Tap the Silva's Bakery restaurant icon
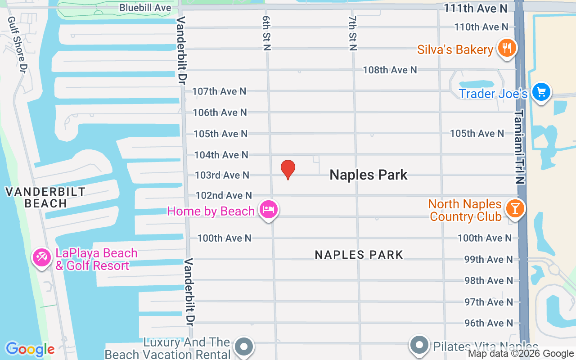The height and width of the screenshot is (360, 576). coord(506,48)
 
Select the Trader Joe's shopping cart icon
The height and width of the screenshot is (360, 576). coord(541,92)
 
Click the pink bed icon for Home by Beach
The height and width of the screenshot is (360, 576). coord(269,209)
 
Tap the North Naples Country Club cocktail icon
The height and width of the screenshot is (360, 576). coord(515,208)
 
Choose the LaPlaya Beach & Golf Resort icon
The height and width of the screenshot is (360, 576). coord(42,257)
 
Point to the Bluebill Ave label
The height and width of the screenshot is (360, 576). coord(145,8)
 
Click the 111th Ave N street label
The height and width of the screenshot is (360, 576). coord(475,9)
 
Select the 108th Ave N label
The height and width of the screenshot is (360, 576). coord(390,70)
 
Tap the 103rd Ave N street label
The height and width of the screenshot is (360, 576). coord(222,175)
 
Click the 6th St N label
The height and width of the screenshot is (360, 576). coord(266,34)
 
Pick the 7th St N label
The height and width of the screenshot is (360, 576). coord(352,34)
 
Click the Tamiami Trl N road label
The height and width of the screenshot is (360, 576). coord(520,147)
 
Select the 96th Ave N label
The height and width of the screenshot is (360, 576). coord(488,323)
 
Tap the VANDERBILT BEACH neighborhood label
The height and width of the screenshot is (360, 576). coord(45,198)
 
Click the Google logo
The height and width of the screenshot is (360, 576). coord(30,349)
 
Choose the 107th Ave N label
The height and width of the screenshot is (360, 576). coord(219,91)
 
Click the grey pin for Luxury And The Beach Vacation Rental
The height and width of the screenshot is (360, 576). coord(244,346)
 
